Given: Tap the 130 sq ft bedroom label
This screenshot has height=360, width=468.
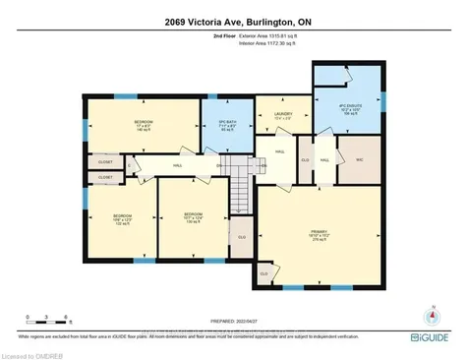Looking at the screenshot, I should click(x=192, y=217).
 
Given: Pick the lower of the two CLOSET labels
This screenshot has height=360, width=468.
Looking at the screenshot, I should click(x=104, y=177).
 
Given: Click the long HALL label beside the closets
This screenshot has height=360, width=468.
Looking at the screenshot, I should click(x=178, y=166).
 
